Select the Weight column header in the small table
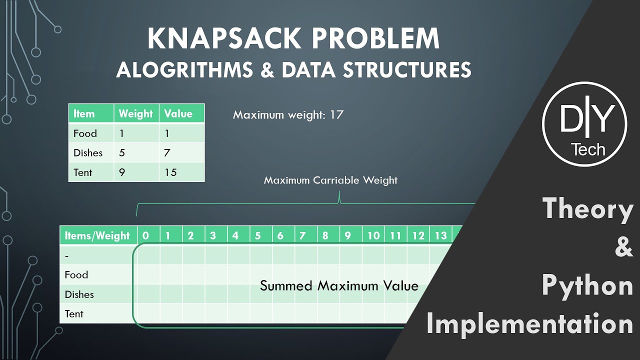pyautogui.click(x=135, y=113)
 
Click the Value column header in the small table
pyautogui.click(x=178, y=113)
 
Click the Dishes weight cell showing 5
pyautogui.click(x=122, y=153)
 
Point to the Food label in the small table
pyautogui.click(x=85, y=133)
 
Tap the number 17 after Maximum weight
pyautogui.click(x=336, y=114)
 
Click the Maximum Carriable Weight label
pyautogui.click(x=330, y=180)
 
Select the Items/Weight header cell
pyautogui.click(x=97, y=235)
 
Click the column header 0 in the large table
pyautogui.click(x=145, y=235)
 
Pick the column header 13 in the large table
pyautogui.click(x=440, y=235)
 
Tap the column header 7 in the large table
pyautogui.click(x=302, y=235)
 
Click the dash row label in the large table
pyautogui.click(x=67, y=255)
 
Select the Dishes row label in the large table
pyautogui.click(x=79, y=294)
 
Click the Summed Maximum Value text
pyautogui.click(x=339, y=285)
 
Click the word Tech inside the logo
pyautogui.click(x=588, y=149)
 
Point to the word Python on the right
pyautogui.click(x=587, y=285)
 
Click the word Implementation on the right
pyautogui.click(x=530, y=324)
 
